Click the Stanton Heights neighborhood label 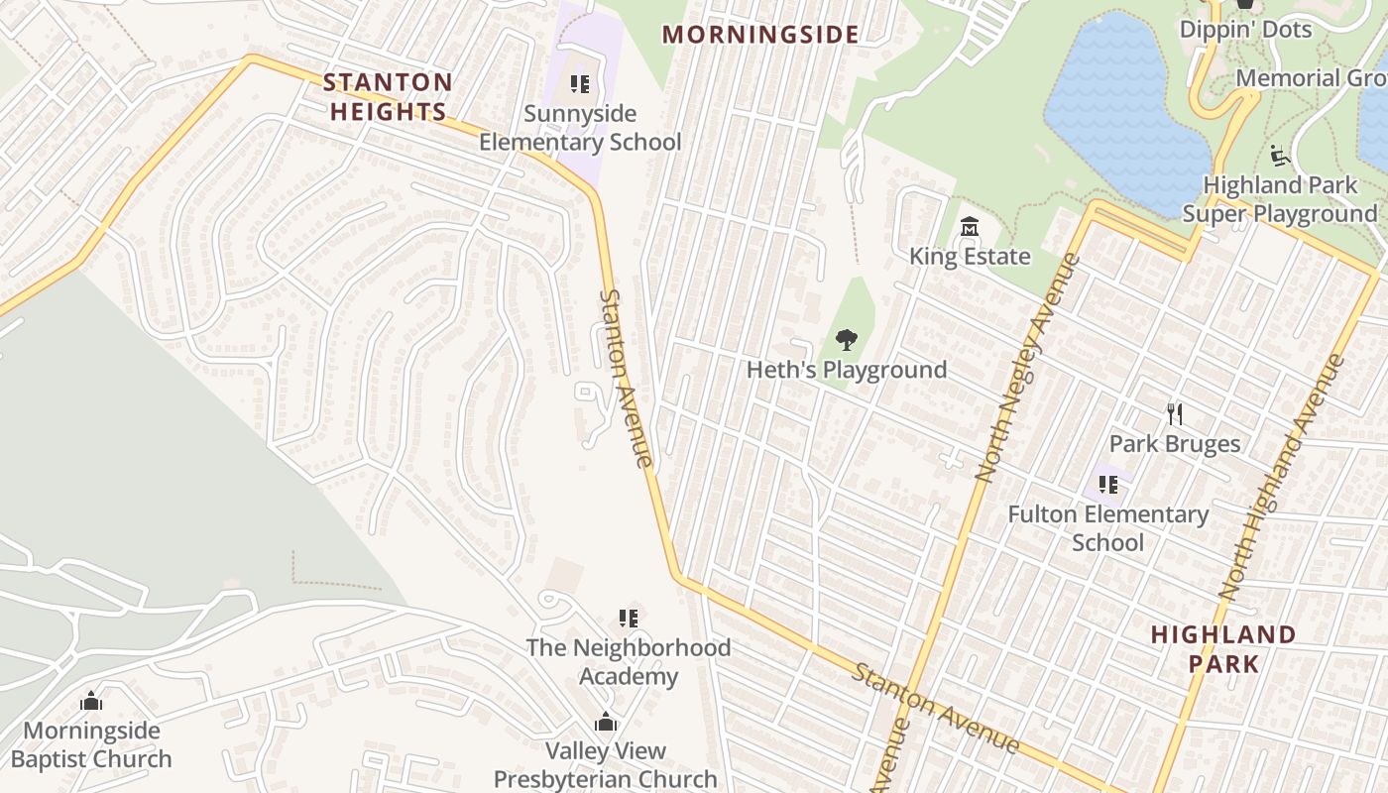(x=388, y=96)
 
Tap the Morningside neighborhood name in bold (x=760, y=35)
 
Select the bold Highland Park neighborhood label (x=1223, y=648)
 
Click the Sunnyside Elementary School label (x=580, y=128)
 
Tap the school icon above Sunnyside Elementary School (x=580, y=84)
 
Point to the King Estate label (x=970, y=257)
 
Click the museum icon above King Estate (x=970, y=228)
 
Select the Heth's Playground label (x=847, y=370)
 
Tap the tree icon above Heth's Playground (x=846, y=340)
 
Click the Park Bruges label (x=1175, y=443)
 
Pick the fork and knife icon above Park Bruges (x=1175, y=413)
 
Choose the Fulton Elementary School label (x=1107, y=528)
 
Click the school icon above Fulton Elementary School (x=1108, y=485)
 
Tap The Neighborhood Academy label (x=629, y=661)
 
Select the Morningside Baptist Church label (x=91, y=744)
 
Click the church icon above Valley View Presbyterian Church (x=606, y=722)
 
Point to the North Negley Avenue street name (x=1028, y=368)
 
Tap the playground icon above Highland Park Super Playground (x=1279, y=156)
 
